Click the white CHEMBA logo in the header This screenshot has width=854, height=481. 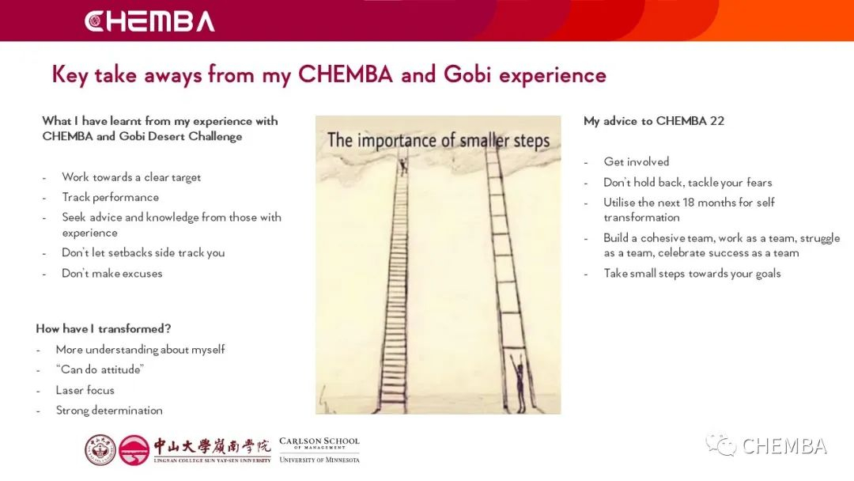point(149,21)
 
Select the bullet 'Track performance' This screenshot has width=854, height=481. point(111,197)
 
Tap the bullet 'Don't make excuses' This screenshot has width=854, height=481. point(112,274)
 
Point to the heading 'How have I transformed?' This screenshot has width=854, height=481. point(104,328)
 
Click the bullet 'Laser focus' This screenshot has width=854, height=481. point(85,390)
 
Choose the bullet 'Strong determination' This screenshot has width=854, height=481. point(109,410)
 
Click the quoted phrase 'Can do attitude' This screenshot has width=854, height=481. point(100,369)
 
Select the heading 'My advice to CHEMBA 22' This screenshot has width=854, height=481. point(654,121)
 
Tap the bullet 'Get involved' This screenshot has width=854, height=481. point(636,162)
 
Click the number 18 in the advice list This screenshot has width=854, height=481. point(689,203)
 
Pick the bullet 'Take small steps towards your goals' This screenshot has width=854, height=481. point(692,274)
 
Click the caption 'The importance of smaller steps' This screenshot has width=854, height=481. point(438,140)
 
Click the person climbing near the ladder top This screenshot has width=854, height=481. point(403,165)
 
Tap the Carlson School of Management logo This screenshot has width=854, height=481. point(319,450)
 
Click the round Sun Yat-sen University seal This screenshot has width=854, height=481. point(100,450)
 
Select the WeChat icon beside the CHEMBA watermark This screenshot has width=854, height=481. point(720,445)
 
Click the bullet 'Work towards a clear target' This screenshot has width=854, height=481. point(131,177)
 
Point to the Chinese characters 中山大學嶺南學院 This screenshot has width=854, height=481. point(212,446)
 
